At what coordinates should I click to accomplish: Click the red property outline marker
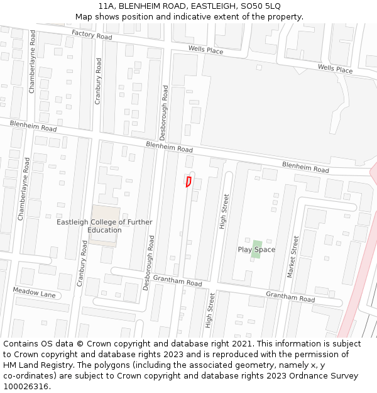click(x=188, y=182)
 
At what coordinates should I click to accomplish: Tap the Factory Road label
click(x=91, y=35)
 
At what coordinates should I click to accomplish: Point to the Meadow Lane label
click(x=34, y=293)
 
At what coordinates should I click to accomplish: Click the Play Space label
click(x=256, y=250)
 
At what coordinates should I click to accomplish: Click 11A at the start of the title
click(x=106, y=6)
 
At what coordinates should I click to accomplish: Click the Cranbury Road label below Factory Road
click(x=98, y=81)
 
